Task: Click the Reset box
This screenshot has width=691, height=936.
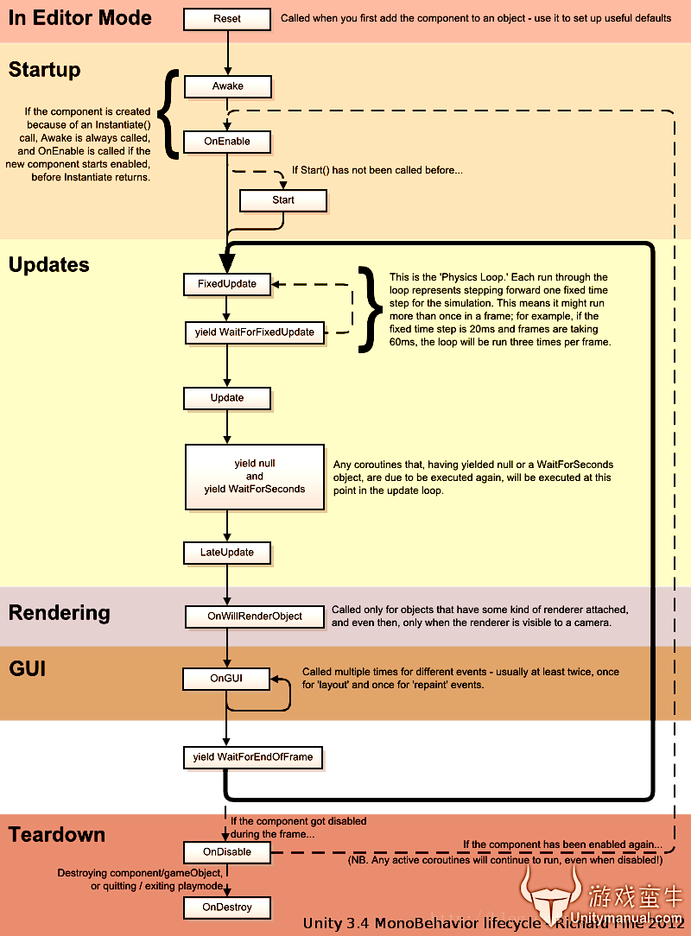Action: click(227, 18)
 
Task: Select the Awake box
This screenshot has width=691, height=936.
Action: click(227, 86)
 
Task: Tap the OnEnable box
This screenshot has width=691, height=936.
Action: click(227, 141)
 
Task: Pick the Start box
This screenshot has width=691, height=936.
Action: click(282, 200)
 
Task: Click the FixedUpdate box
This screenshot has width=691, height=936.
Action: click(226, 283)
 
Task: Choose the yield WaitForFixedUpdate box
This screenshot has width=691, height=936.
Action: click(254, 332)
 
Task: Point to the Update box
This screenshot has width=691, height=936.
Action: click(226, 398)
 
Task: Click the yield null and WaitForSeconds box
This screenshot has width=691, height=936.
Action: click(254, 477)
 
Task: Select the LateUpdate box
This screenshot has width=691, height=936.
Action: click(226, 553)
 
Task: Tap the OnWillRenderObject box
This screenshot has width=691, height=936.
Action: click(254, 617)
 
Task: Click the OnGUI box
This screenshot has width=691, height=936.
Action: click(226, 679)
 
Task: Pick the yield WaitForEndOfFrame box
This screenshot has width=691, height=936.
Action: click(253, 757)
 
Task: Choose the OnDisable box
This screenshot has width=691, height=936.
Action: click(226, 852)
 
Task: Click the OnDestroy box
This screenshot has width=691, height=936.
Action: click(226, 908)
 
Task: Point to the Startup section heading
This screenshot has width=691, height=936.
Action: click(44, 69)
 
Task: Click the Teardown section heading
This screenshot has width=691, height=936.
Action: click(57, 835)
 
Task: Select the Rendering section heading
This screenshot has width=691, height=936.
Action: click(60, 613)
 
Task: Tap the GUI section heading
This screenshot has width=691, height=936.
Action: click(28, 669)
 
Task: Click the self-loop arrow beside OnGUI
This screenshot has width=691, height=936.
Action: click(287, 694)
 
